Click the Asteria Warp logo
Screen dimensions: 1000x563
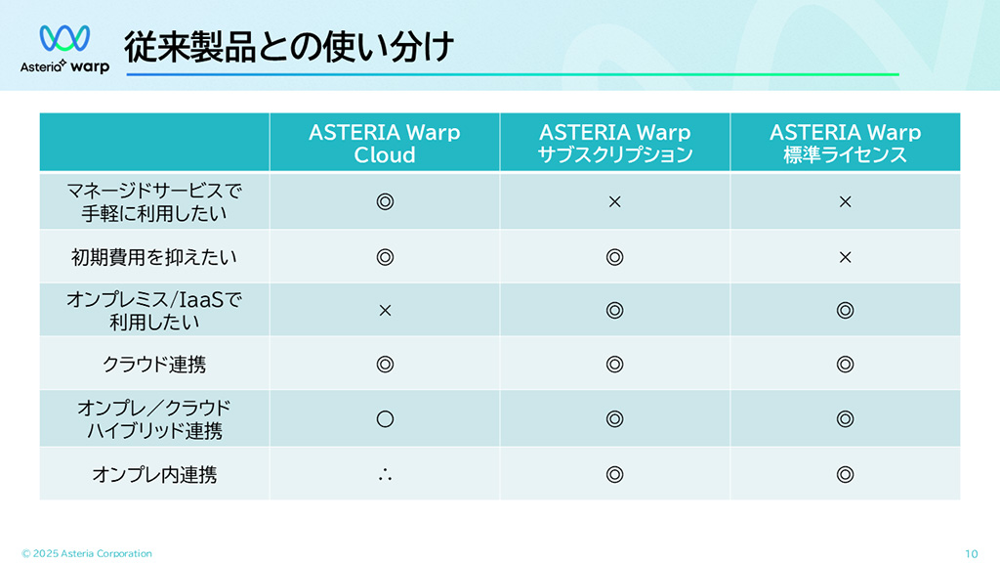64,49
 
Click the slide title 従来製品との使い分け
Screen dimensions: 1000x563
289,47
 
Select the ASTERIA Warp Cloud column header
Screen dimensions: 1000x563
385,143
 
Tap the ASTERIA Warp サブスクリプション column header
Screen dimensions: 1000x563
615,143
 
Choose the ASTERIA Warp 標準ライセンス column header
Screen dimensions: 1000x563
845,143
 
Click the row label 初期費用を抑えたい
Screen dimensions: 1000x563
153,257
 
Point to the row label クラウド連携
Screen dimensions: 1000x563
154,365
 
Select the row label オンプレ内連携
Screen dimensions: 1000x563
154,474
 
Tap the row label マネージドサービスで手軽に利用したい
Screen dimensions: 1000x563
154,201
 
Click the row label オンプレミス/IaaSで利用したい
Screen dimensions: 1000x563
154,311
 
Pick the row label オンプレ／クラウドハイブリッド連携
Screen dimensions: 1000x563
154,419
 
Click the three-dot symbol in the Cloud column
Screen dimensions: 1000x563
385,475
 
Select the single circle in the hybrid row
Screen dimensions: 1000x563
385,418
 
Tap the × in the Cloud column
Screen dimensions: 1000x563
385,310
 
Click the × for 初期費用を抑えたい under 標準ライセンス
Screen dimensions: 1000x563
845,257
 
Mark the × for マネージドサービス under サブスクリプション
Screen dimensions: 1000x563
615,201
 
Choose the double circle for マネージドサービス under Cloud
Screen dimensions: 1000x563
385,201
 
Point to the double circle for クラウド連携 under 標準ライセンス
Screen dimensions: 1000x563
845,365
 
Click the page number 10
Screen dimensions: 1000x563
972,554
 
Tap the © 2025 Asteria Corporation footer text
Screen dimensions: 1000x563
87,553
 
